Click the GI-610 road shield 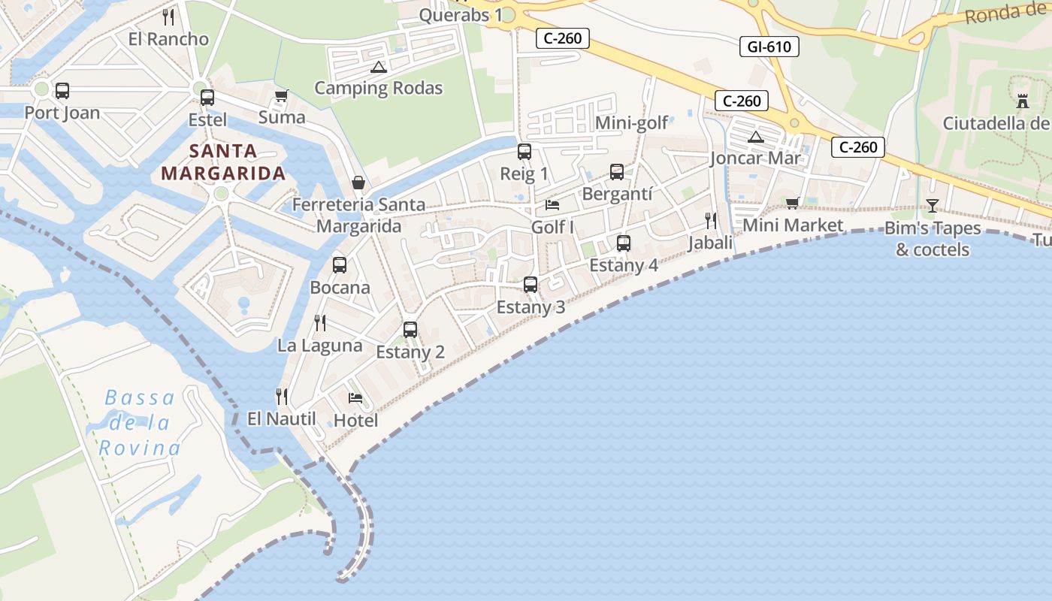coord(769,47)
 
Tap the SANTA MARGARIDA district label coord(223,162)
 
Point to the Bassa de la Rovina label coord(140,423)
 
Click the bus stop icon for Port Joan coord(62,91)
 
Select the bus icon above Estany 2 coord(410,329)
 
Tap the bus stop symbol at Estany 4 coord(623,243)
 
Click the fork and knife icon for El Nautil coord(282,396)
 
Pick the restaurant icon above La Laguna coord(320,323)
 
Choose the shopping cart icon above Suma coord(282,95)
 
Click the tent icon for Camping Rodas coord(378,67)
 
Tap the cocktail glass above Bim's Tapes coord(933,205)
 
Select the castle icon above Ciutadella coord(1022,101)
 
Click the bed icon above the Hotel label coord(355,397)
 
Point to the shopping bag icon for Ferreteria coord(358,183)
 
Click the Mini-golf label coord(631,123)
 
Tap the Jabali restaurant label coord(710,243)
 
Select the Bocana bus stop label coord(340,288)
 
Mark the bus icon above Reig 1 coord(524,152)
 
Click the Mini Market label coord(793,225)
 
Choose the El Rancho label coord(168,39)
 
